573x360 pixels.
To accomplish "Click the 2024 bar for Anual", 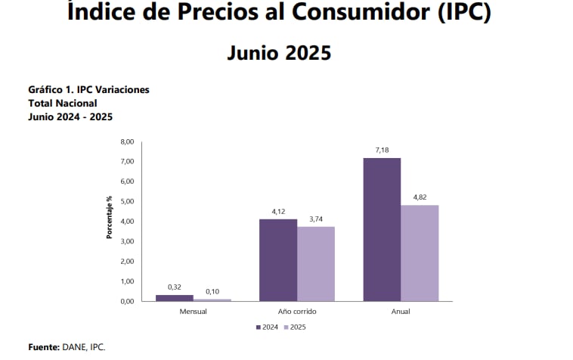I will coord(382,229).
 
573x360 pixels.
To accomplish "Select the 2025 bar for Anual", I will coord(420,253).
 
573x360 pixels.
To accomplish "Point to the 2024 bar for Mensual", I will coord(174,297).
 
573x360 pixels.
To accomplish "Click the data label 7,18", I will coord(382,151).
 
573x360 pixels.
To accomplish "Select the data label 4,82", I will coord(420,198).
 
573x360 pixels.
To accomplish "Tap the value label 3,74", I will coord(315,220).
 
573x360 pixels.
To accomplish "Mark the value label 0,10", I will coord(212,292).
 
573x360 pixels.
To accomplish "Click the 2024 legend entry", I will coord(266,327).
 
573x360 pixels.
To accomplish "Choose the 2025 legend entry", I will coord(296,327).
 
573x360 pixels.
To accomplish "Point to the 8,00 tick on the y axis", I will coord(127,142).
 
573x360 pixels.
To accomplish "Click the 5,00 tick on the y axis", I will coord(127,202).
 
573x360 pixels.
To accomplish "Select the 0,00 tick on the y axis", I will coord(127,301).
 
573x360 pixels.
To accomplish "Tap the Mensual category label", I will coord(194,311).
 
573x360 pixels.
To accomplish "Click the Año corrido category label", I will coord(297,311).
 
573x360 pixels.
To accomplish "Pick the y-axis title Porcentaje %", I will coord(110,218).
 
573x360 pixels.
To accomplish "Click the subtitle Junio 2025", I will coord(279,53).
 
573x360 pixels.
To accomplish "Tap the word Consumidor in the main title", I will coord(357,12).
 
